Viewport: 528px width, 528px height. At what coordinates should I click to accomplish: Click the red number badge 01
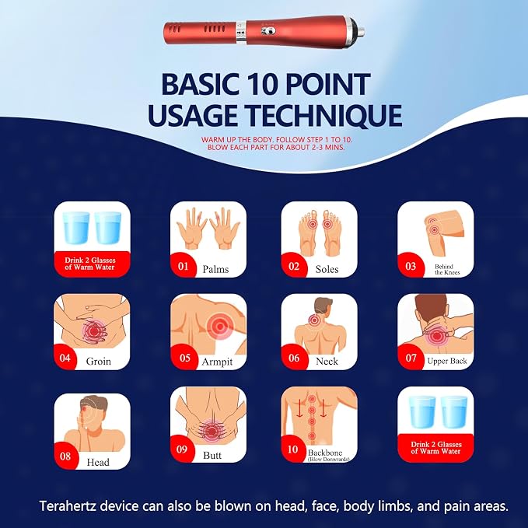(183, 266)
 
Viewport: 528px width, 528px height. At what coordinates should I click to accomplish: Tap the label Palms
(215, 269)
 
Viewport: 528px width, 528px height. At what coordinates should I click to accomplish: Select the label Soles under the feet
(327, 269)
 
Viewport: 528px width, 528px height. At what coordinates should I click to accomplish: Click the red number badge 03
(411, 266)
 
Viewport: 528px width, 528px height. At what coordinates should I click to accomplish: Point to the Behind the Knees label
(447, 269)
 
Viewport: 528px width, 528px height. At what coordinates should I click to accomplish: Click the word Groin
(98, 362)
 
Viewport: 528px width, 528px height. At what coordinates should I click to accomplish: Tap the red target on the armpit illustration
(219, 327)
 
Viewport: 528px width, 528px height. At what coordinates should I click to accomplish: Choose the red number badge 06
(294, 358)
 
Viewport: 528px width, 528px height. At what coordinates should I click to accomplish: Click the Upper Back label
(447, 361)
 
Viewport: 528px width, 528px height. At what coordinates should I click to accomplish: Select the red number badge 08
(65, 456)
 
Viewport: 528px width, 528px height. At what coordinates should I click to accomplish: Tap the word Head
(98, 462)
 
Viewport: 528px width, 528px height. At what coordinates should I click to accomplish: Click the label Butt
(212, 455)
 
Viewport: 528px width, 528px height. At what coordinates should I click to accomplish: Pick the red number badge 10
(293, 449)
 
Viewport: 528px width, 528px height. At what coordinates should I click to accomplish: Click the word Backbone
(325, 453)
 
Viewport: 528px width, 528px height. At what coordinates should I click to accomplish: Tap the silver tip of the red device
(360, 32)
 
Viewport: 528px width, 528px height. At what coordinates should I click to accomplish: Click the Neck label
(327, 362)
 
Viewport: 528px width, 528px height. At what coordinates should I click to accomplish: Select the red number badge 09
(182, 449)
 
